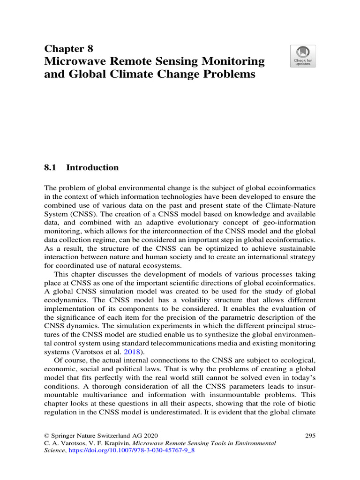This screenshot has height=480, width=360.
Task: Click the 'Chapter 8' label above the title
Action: [x=68, y=48]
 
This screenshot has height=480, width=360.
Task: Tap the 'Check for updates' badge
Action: [x=303, y=56]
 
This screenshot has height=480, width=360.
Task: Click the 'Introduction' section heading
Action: [x=93, y=167]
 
